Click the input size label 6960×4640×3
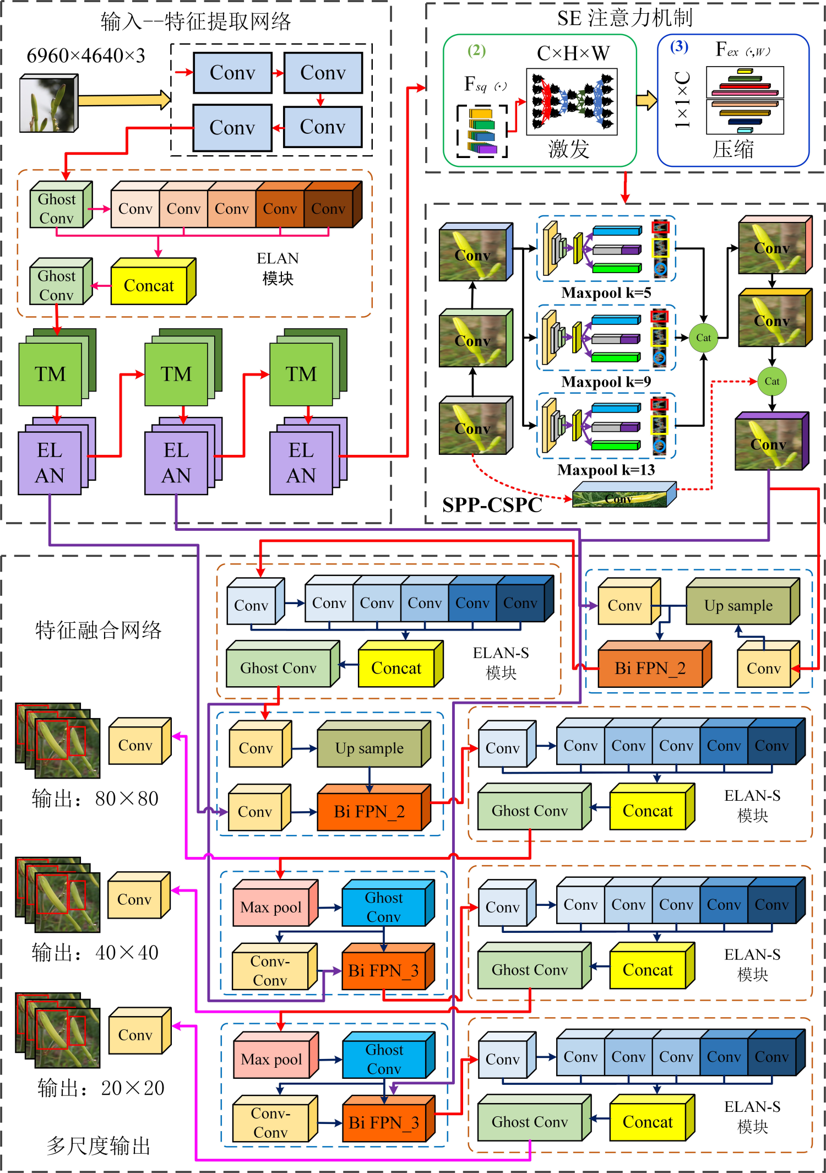(86, 56)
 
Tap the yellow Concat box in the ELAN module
(149, 285)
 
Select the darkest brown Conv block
(329, 209)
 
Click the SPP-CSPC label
(492, 505)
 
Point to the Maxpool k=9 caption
(606, 382)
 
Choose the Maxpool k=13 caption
(606, 470)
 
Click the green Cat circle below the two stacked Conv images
(772, 381)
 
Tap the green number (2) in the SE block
(476, 51)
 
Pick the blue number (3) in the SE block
(679, 46)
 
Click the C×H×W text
(573, 53)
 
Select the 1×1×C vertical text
(682, 100)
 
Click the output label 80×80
(95, 799)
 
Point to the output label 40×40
(95, 952)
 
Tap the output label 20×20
(101, 1088)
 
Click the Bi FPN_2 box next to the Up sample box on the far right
(650, 668)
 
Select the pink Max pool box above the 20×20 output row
(271, 1059)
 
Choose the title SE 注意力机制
(624, 18)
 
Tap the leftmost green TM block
(51, 374)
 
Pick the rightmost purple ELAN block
(301, 463)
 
